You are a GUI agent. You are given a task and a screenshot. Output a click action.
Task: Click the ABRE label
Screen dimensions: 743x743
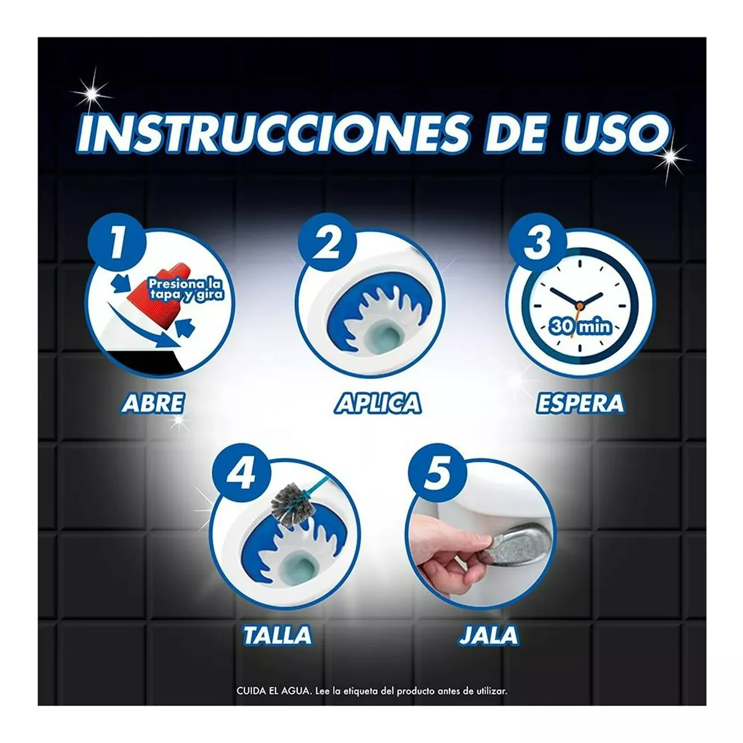(152, 403)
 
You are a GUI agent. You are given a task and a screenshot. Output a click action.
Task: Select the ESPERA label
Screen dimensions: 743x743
(579, 403)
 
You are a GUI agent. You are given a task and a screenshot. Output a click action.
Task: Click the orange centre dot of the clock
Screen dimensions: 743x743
(580, 305)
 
